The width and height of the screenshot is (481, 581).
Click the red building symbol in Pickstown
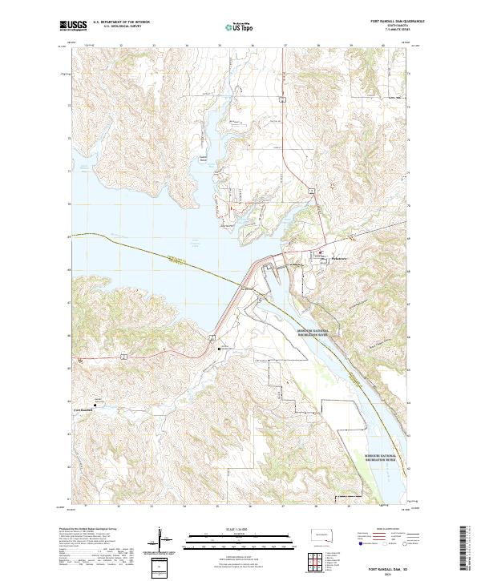pos(323,257)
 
